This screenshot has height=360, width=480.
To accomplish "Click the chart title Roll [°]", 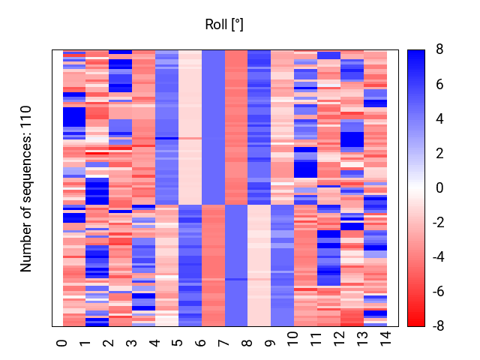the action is tap(224, 25).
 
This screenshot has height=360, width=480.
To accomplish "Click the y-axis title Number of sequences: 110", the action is tap(25, 189).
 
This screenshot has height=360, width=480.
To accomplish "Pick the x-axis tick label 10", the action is tap(293, 338).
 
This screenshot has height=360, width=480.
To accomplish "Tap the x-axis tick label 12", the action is tap(340, 338).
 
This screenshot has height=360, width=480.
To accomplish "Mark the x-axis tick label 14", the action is tap(385, 338).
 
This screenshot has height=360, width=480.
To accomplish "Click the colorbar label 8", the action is tap(439, 49).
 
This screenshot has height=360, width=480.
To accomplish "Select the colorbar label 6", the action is tap(439, 84).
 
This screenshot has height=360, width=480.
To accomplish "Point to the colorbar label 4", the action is tap(439, 118).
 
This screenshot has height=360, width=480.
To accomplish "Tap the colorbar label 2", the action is tap(439, 153).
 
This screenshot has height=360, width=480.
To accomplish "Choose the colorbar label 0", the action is tap(439, 187).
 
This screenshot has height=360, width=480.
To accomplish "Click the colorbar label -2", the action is tap(438, 222).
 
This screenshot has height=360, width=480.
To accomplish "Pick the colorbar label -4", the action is tap(438, 256).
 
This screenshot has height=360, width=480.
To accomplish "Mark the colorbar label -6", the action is tap(438, 292).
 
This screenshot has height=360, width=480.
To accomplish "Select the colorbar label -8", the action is tap(438, 326).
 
